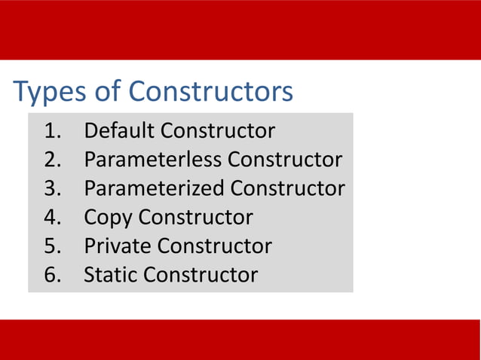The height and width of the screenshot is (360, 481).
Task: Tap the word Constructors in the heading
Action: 211,92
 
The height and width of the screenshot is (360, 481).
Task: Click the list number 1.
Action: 53,131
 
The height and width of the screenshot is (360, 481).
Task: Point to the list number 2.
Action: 53,160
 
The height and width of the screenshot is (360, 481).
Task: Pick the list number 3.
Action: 53,188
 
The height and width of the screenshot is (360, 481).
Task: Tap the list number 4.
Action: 53,218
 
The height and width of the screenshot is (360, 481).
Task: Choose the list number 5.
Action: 53,246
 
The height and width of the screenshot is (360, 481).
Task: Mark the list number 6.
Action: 53,275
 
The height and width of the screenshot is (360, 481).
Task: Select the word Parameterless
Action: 153,160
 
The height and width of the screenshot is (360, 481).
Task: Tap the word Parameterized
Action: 155,188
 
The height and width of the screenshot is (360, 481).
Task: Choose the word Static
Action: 111,275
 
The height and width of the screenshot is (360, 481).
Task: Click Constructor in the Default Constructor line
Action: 218,131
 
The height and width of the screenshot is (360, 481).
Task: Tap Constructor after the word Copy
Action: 195,218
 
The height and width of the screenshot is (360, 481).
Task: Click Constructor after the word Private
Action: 215,246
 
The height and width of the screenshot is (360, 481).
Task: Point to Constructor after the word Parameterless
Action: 285,160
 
